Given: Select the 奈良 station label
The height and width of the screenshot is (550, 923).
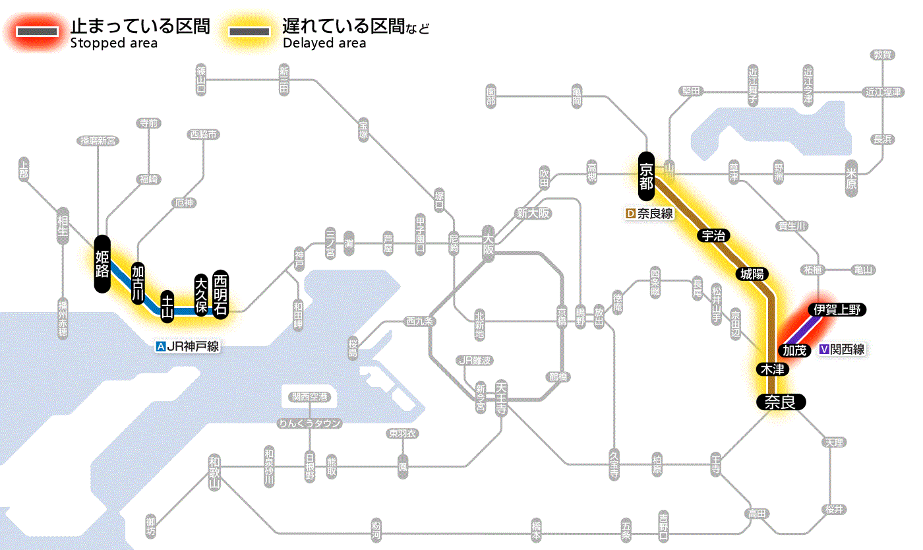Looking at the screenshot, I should [x=781, y=402].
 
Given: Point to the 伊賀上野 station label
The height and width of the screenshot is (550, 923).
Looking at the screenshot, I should [x=837, y=310].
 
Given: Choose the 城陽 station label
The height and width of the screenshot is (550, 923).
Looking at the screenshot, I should [x=754, y=273].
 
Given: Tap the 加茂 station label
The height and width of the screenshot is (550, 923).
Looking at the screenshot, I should [x=794, y=350].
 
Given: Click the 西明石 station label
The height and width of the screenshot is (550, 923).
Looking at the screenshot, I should [x=220, y=294].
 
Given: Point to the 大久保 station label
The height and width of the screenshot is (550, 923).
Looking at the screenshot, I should [x=202, y=294].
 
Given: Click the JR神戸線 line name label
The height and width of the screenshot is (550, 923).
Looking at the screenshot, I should [x=188, y=346].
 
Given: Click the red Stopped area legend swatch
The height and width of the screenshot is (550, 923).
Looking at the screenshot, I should [x=37, y=32].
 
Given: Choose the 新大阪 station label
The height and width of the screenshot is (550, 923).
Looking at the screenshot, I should [x=533, y=213].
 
